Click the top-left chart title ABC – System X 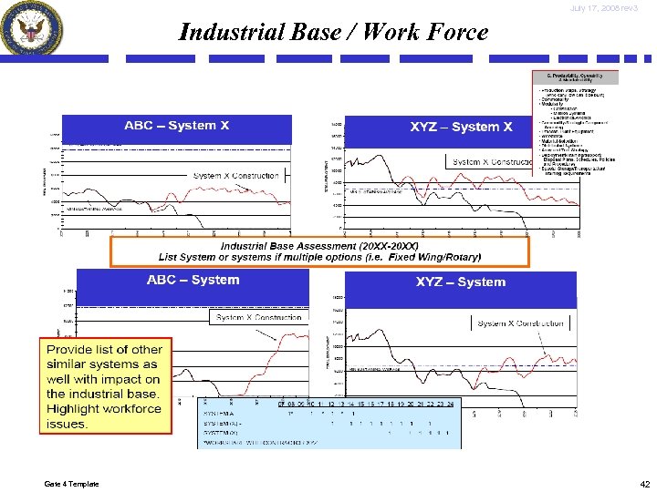(177, 126)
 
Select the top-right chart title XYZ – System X (461, 128)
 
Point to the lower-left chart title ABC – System (193, 280)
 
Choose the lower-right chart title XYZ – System (460, 282)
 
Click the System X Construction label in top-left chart (235, 176)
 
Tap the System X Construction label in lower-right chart (520, 323)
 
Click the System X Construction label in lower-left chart (258, 318)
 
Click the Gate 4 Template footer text (71, 483)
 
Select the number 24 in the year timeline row (450, 404)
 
